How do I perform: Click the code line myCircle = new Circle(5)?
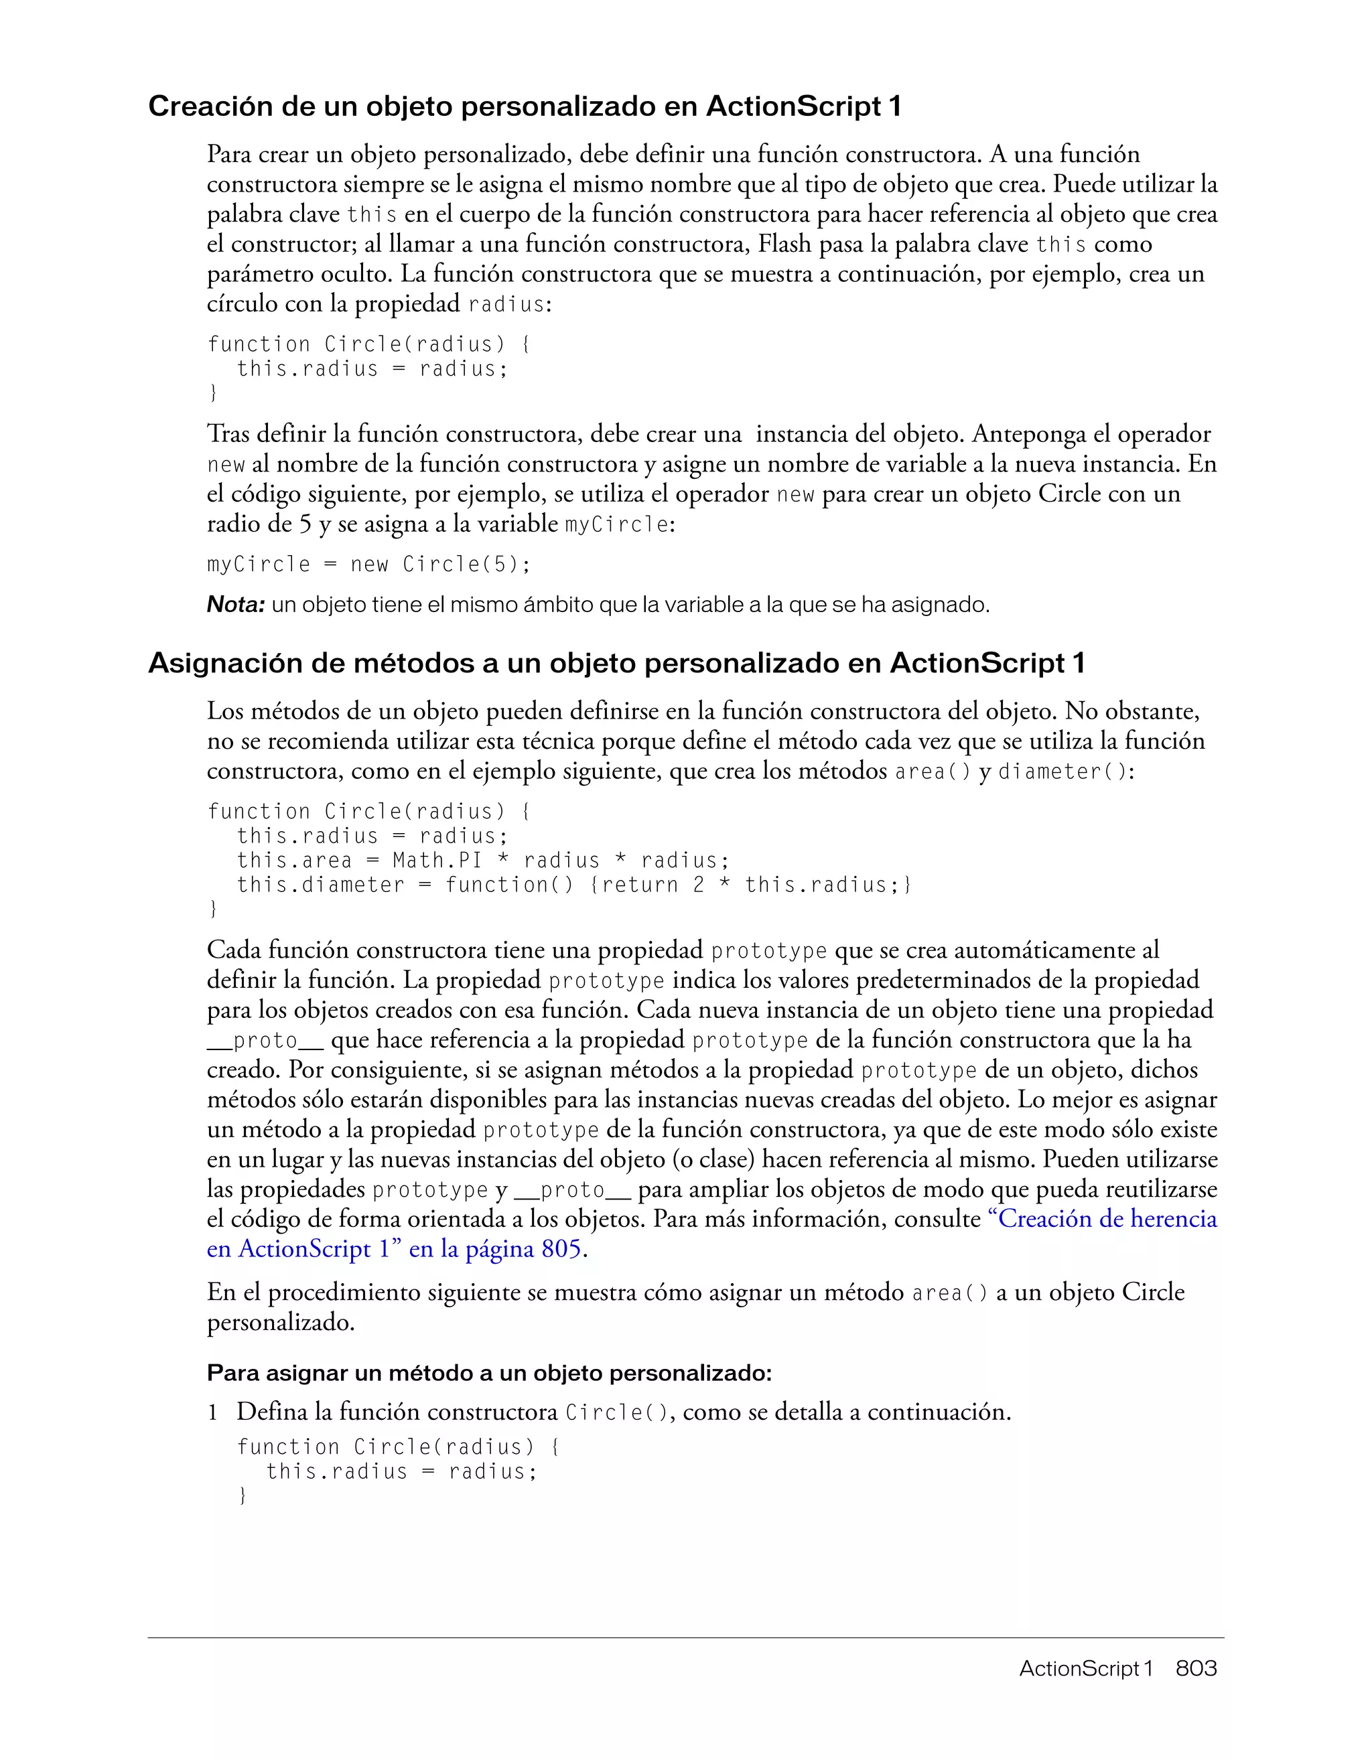[368, 564]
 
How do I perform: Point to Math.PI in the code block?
[437, 861]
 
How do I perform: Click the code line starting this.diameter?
[573, 885]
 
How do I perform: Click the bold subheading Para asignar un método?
[489, 1372]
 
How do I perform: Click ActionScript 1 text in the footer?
[1085, 1668]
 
